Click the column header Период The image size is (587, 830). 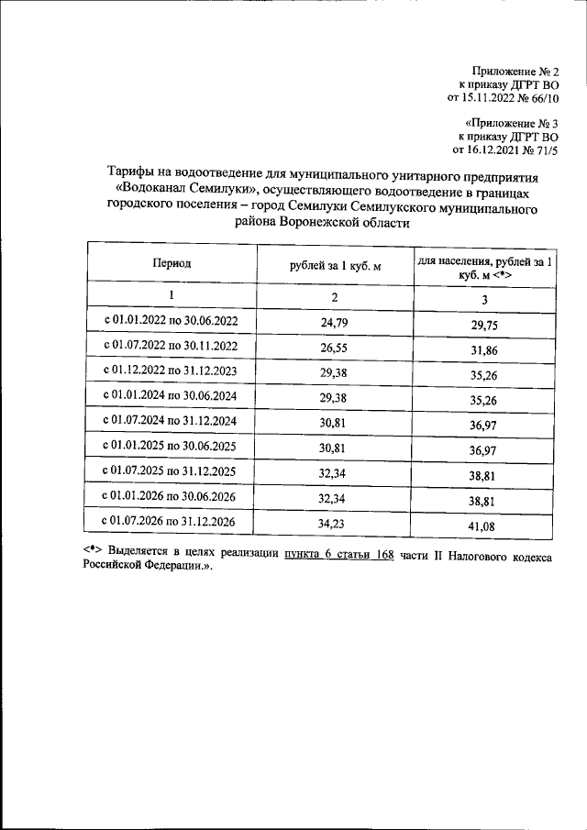coord(172,263)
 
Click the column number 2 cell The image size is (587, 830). coord(334,297)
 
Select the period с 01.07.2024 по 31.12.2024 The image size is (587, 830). coord(172,423)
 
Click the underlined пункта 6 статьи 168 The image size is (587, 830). coord(338,557)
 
